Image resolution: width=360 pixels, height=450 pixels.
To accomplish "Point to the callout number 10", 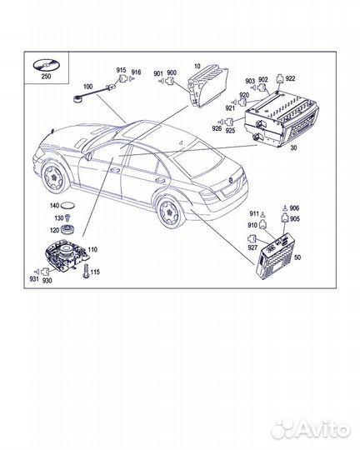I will (197, 65).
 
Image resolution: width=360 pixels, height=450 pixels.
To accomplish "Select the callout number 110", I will (92, 250).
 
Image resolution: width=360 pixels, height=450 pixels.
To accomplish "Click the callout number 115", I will (95, 272).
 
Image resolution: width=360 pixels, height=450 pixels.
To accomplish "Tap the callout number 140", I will (54, 205).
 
